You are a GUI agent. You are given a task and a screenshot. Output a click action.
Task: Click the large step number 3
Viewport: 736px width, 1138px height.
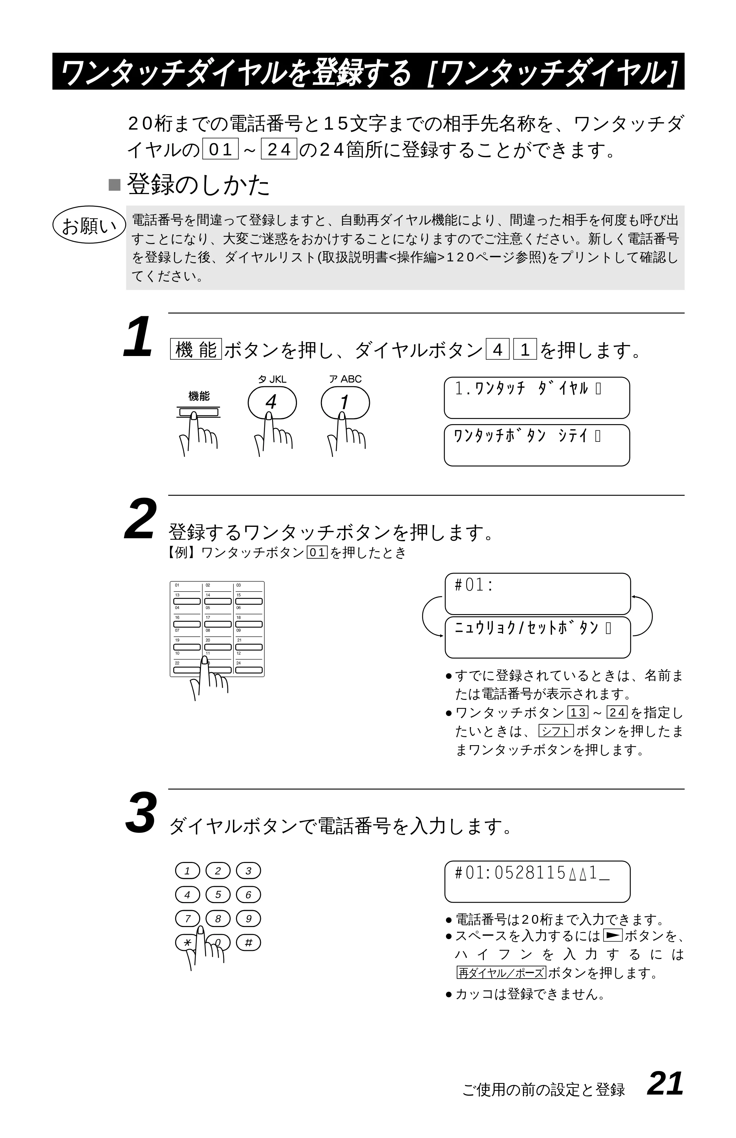(x=141, y=813)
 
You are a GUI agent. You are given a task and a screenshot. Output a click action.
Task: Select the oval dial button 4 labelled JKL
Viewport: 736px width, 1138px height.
(x=272, y=403)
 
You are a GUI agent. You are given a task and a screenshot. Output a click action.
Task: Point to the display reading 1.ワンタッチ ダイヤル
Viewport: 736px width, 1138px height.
(x=537, y=398)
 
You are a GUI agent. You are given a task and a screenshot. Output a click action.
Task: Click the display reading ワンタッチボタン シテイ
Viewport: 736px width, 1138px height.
(x=537, y=445)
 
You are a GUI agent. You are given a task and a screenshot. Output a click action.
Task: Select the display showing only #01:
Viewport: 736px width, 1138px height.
(x=538, y=594)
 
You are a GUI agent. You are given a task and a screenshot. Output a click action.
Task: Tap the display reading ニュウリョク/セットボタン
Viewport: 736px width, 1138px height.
(x=538, y=637)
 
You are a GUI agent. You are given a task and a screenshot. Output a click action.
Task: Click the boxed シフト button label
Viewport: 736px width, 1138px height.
(x=556, y=731)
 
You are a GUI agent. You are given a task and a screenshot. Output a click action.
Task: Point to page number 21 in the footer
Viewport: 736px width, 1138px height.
(x=665, y=1084)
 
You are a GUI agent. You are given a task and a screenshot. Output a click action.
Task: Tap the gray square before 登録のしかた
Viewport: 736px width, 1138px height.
(x=115, y=185)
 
